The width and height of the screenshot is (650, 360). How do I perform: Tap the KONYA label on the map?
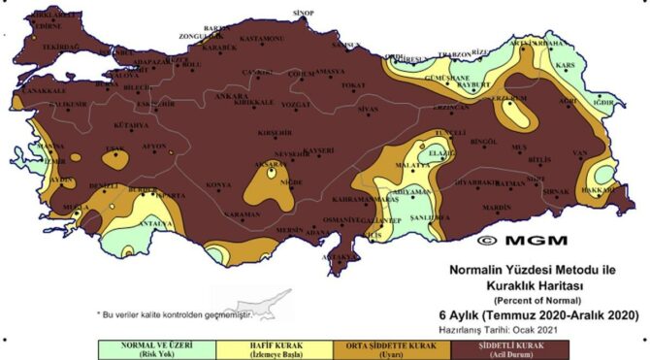219,184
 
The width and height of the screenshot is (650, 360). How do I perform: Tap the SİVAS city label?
368,111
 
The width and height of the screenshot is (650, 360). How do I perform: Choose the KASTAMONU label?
261,39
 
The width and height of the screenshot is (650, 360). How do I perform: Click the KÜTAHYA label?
131,125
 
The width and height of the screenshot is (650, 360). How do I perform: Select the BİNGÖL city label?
482,142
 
